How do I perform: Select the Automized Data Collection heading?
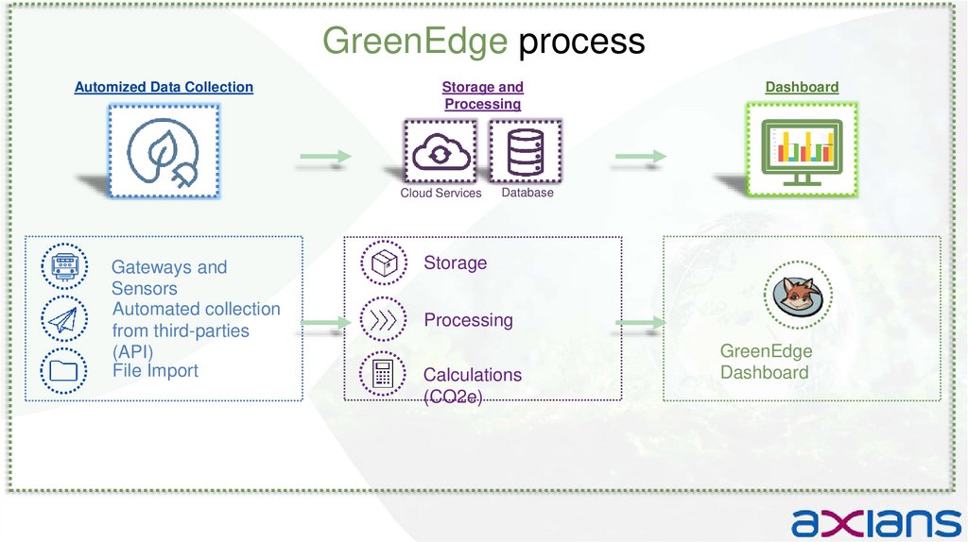(164, 87)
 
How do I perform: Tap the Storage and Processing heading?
(482, 95)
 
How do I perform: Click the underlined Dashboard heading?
(802, 87)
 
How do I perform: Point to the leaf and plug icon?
(164, 151)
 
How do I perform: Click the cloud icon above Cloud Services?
(441, 151)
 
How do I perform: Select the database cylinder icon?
(526, 151)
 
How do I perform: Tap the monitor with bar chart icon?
(803, 151)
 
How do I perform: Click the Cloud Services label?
(441, 193)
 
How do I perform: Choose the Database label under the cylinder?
(527, 192)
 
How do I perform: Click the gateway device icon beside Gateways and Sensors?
(64, 266)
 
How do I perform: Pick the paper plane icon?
(64, 319)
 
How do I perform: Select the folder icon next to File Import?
(64, 369)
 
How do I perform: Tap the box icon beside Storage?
(383, 263)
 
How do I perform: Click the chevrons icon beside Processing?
(383, 319)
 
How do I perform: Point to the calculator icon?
(383, 374)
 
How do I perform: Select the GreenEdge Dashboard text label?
(766, 362)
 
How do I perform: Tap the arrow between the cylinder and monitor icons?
(640, 157)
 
